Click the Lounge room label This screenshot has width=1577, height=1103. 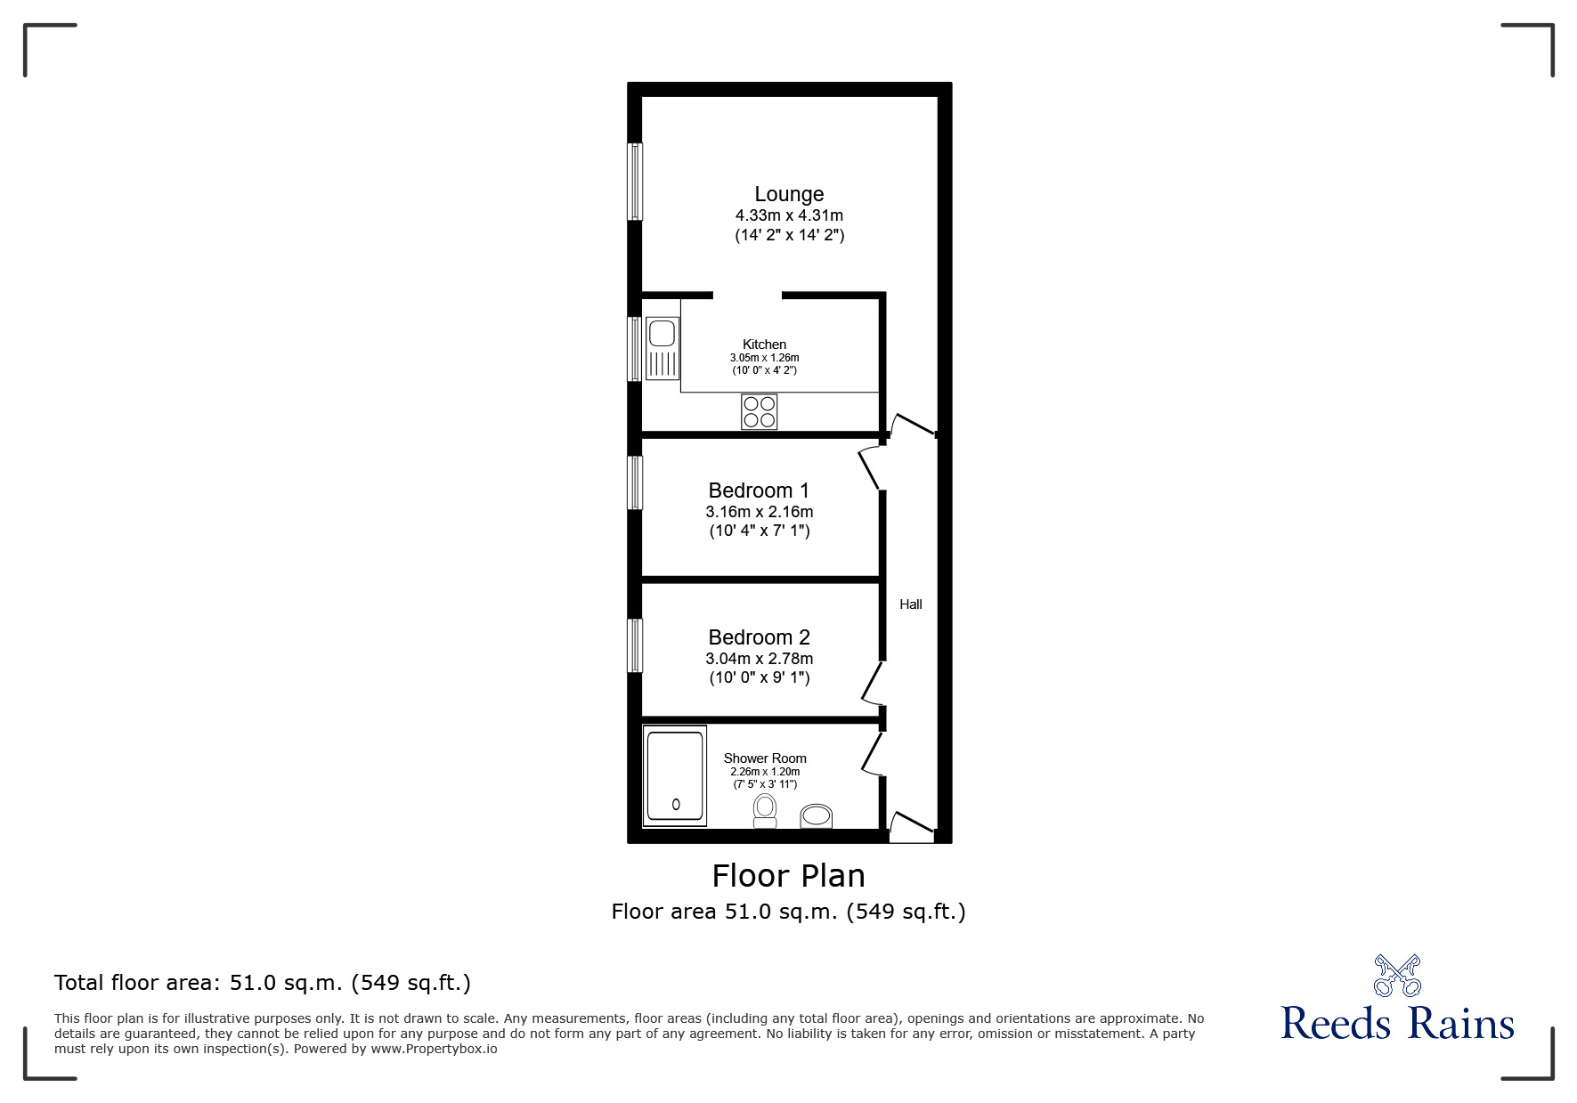click(x=789, y=194)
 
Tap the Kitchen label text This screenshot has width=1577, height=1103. click(x=764, y=345)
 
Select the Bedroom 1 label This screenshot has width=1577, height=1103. click(x=759, y=491)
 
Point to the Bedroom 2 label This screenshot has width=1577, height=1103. click(x=759, y=637)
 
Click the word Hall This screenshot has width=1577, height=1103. click(x=910, y=604)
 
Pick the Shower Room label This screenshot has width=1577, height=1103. click(x=764, y=758)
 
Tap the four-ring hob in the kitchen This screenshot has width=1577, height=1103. click(x=759, y=411)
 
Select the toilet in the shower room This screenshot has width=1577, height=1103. click(x=764, y=810)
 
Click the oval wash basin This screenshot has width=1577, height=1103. click(x=816, y=815)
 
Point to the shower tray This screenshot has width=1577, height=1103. click(x=675, y=775)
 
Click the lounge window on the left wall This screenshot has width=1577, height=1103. click(x=635, y=181)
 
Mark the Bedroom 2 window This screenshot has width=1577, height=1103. click(x=635, y=645)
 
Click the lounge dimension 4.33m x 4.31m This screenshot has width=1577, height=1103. click(x=789, y=215)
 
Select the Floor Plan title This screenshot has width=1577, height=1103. click(x=788, y=876)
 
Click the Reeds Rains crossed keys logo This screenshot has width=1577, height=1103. click(x=1397, y=975)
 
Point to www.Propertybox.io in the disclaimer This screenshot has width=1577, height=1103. click(x=434, y=1049)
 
